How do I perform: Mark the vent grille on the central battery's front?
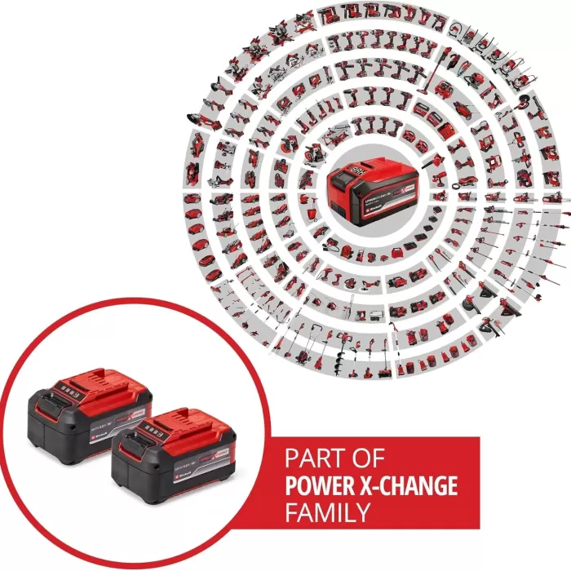coord(339,207)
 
